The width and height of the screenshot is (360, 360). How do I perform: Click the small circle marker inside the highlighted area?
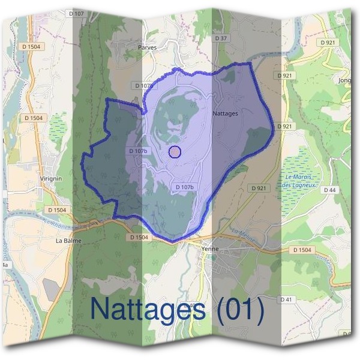coord(175,152)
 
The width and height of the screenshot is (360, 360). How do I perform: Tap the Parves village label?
coord(147,47)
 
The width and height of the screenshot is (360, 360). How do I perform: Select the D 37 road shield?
coord(222,38)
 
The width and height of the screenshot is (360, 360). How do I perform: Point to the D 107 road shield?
coord(76,13)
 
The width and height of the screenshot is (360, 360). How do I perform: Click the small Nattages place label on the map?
coord(226,113)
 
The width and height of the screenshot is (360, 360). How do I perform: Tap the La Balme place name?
coord(68,241)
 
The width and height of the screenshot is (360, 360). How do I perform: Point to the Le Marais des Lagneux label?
coord(301,181)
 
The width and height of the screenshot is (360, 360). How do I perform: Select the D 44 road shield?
coord(329,190)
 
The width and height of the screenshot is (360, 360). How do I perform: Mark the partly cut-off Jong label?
coord(345,80)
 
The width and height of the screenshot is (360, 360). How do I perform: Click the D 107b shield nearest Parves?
coord(144,86)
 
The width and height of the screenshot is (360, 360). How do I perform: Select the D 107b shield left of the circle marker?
coord(137,151)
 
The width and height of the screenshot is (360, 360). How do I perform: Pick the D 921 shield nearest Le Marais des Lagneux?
coord(258,188)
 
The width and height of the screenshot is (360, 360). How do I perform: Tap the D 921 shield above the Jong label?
coord(328,43)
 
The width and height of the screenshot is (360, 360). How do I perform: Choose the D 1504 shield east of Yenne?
coord(302,250)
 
